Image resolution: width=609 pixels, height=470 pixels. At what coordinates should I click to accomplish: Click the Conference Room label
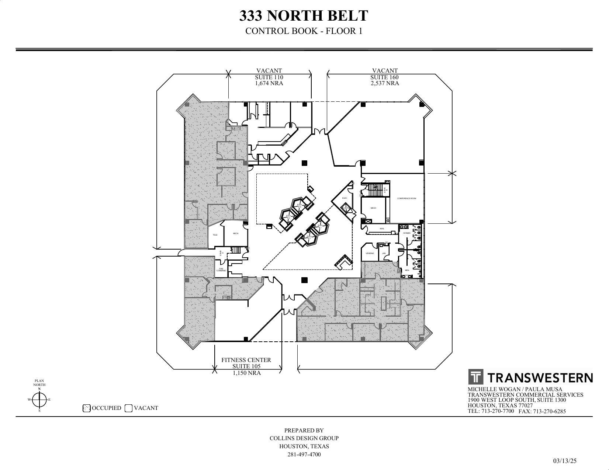point(406,198)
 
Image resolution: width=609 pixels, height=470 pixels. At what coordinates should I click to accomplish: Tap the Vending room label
point(370,253)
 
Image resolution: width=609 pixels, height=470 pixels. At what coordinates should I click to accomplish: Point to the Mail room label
point(382,229)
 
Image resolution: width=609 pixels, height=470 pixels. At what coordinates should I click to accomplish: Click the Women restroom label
point(406,233)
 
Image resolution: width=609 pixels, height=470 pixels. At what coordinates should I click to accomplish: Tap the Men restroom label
point(407,270)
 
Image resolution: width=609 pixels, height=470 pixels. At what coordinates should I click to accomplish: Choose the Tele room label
point(215,235)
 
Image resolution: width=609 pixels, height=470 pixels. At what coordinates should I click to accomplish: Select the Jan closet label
point(384,253)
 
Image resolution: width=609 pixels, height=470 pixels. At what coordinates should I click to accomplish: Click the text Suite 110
point(269,77)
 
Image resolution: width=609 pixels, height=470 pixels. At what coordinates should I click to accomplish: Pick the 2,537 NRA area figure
point(385,83)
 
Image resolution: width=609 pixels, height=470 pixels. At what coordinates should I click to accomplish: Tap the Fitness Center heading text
point(246,360)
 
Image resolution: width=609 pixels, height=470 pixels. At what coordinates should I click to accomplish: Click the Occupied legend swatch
point(87,408)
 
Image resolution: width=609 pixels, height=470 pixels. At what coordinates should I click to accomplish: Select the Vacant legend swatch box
point(128,408)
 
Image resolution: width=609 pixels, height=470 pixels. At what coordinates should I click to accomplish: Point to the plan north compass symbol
point(39,399)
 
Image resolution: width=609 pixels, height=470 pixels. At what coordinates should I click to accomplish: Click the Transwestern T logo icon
point(476,377)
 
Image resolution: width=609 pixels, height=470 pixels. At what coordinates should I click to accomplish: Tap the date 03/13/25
point(564,461)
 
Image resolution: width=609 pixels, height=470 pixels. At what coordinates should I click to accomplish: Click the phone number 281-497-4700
point(304,455)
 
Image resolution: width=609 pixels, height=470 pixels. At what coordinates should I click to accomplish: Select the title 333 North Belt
point(304,16)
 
